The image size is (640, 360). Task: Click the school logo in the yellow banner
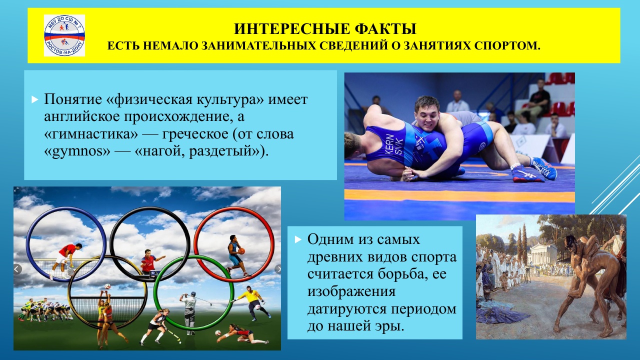click(x=64, y=35)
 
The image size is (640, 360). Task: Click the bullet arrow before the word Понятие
click(x=34, y=99)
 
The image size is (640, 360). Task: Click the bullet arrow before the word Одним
click(x=298, y=239)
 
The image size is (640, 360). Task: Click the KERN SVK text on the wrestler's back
click(x=394, y=144)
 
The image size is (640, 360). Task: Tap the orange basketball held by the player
click(x=241, y=251)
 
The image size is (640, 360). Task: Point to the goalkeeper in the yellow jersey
click(x=251, y=302)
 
